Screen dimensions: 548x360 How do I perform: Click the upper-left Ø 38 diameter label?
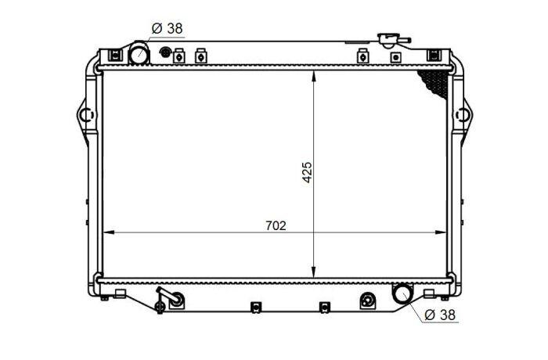coord(168,28)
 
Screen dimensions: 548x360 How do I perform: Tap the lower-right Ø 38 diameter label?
coord(440,315)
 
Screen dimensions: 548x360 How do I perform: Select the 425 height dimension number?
coord(307,172)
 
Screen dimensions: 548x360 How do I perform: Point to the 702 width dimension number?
coord(276,226)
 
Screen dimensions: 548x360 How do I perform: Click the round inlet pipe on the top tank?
coord(139,53)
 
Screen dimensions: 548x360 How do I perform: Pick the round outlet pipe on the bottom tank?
coord(402,294)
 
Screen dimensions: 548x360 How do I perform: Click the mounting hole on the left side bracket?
coord(86,115)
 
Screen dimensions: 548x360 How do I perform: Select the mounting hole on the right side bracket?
coord(462,115)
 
